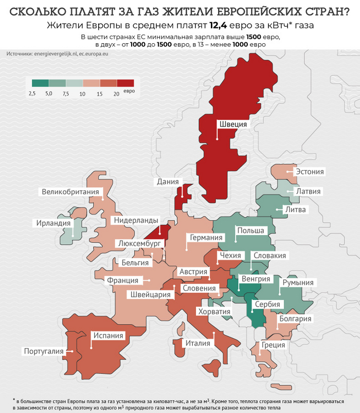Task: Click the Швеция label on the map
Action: point(233,124)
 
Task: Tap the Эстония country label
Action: point(309,172)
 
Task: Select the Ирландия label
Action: point(53,223)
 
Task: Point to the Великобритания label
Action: point(70,192)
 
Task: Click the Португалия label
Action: point(43,351)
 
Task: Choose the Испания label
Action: point(108,336)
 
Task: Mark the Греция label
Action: point(273,345)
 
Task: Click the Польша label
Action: point(250,231)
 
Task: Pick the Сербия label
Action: point(267,304)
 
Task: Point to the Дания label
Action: point(168,182)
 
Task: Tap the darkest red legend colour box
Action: point(125,83)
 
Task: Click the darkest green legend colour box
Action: point(40,83)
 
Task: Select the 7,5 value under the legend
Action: point(65,94)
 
